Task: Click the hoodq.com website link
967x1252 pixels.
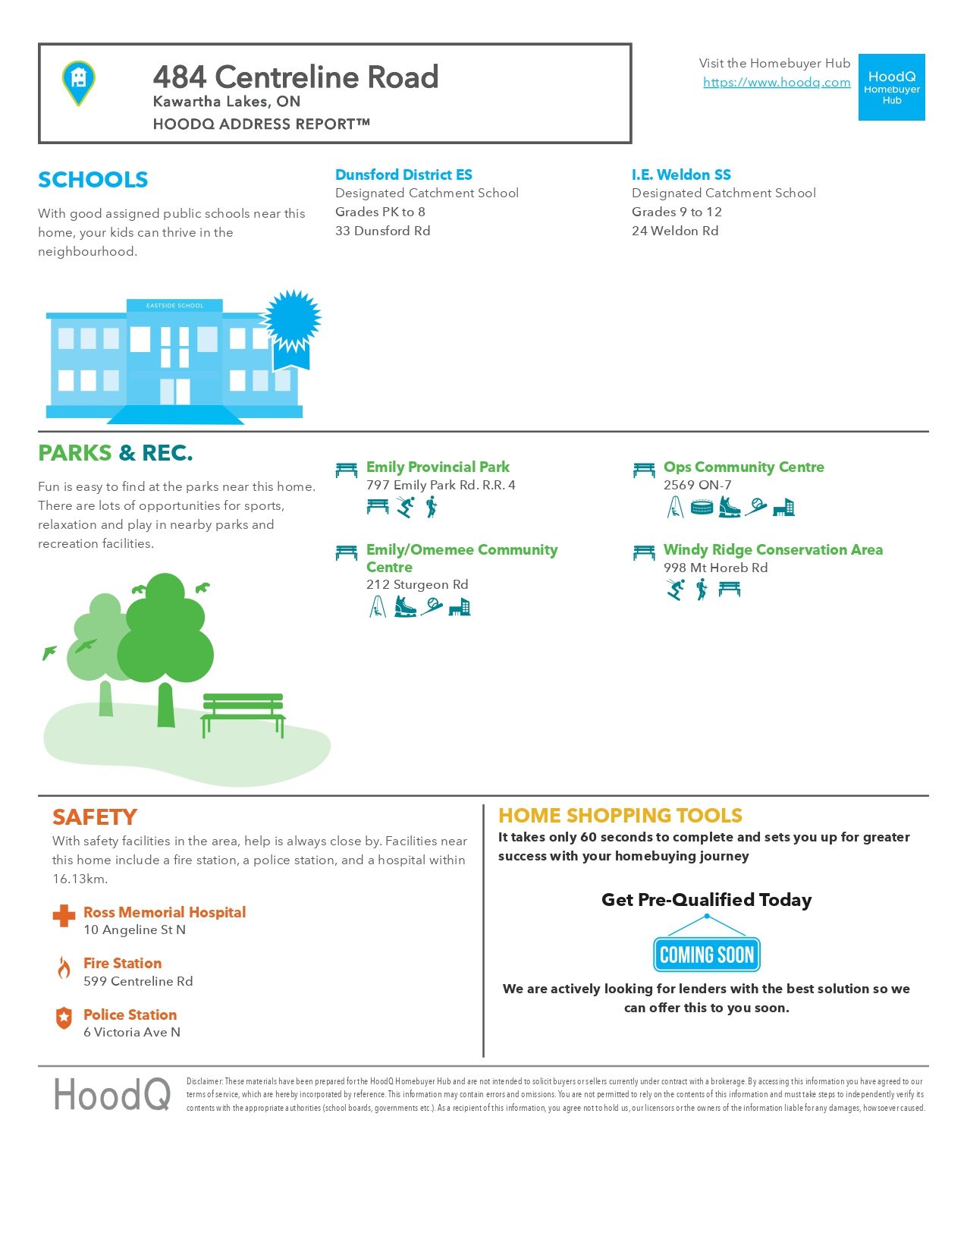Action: tap(777, 83)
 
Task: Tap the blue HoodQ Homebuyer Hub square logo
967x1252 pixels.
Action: tap(891, 87)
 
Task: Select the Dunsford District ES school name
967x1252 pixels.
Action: tap(403, 175)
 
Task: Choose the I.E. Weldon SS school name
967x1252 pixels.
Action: tap(681, 175)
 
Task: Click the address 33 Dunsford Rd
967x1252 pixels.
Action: tap(382, 231)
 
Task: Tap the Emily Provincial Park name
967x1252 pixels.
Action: tap(438, 467)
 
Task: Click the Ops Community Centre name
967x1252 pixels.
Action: tap(743, 467)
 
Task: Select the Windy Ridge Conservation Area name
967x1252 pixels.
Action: tap(773, 549)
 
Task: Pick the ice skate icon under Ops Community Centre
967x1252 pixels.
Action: tap(729, 507)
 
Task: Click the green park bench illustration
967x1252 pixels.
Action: tap(243, 713)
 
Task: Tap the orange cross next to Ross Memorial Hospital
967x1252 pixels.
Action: tap(64, 916)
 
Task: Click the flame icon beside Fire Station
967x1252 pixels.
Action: tap(64, 967)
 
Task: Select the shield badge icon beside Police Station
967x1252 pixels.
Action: tap(64, 1018)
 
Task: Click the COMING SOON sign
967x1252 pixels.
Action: tap(706, 955)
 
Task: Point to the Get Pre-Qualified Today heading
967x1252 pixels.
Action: tap(706, 900)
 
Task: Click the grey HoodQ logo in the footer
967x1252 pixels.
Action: tap(112, 1095)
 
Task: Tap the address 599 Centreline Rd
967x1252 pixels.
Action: tap(138, 981)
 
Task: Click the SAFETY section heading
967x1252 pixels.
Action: tap(95, 817)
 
